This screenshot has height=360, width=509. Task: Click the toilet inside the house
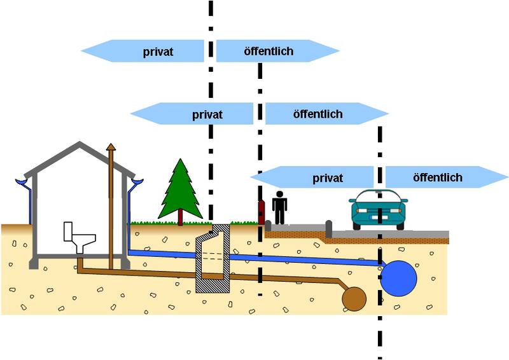coord(78,236)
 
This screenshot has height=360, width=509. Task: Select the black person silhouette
coord(279,207)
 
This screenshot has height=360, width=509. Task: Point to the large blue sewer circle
coord(399,277)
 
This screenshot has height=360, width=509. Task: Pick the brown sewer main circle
coord(354,297)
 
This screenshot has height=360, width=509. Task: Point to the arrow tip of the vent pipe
coord(111,147)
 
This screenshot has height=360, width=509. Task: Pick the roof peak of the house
coord(80,144)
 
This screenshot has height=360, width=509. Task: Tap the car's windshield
coord(379,197)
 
